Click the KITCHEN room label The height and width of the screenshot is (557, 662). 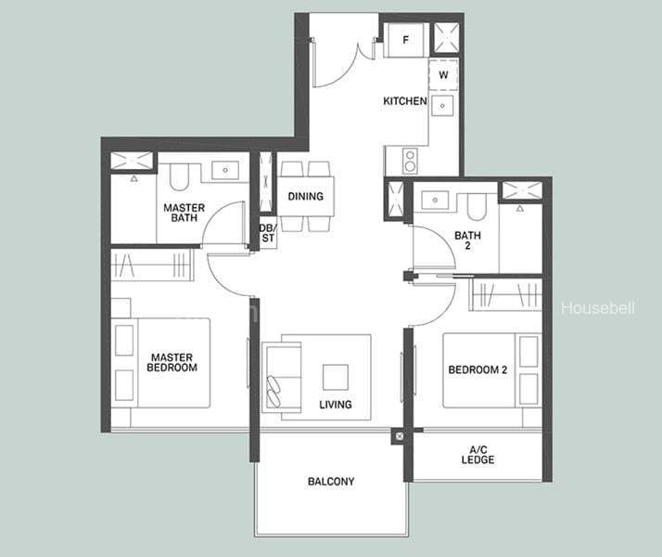(405, 101)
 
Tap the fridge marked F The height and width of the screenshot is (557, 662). (406, 40)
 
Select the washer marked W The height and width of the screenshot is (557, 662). (443, 75)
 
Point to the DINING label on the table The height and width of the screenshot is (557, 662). (306, 196)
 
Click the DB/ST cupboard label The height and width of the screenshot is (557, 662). (268, 233)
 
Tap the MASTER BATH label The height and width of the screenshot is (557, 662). (184, 213)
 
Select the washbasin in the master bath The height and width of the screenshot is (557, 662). (225, 170)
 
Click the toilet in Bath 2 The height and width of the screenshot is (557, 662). (477, 207)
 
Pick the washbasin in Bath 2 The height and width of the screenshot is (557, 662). (435, 200)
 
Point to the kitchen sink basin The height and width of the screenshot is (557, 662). (442, 106)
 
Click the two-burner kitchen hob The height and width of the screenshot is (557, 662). (410, 161)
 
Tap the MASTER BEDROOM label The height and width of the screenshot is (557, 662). (172, 363)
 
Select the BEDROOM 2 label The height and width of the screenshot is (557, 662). (477, 369)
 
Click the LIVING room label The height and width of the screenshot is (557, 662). (336, 405)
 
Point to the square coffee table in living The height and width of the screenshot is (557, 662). (336, 378)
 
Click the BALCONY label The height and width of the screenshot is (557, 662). (331, 482)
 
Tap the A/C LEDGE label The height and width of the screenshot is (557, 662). (477, 455)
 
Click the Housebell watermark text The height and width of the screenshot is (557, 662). (598, 308)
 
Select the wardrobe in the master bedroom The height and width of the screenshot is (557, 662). (152, 265)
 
